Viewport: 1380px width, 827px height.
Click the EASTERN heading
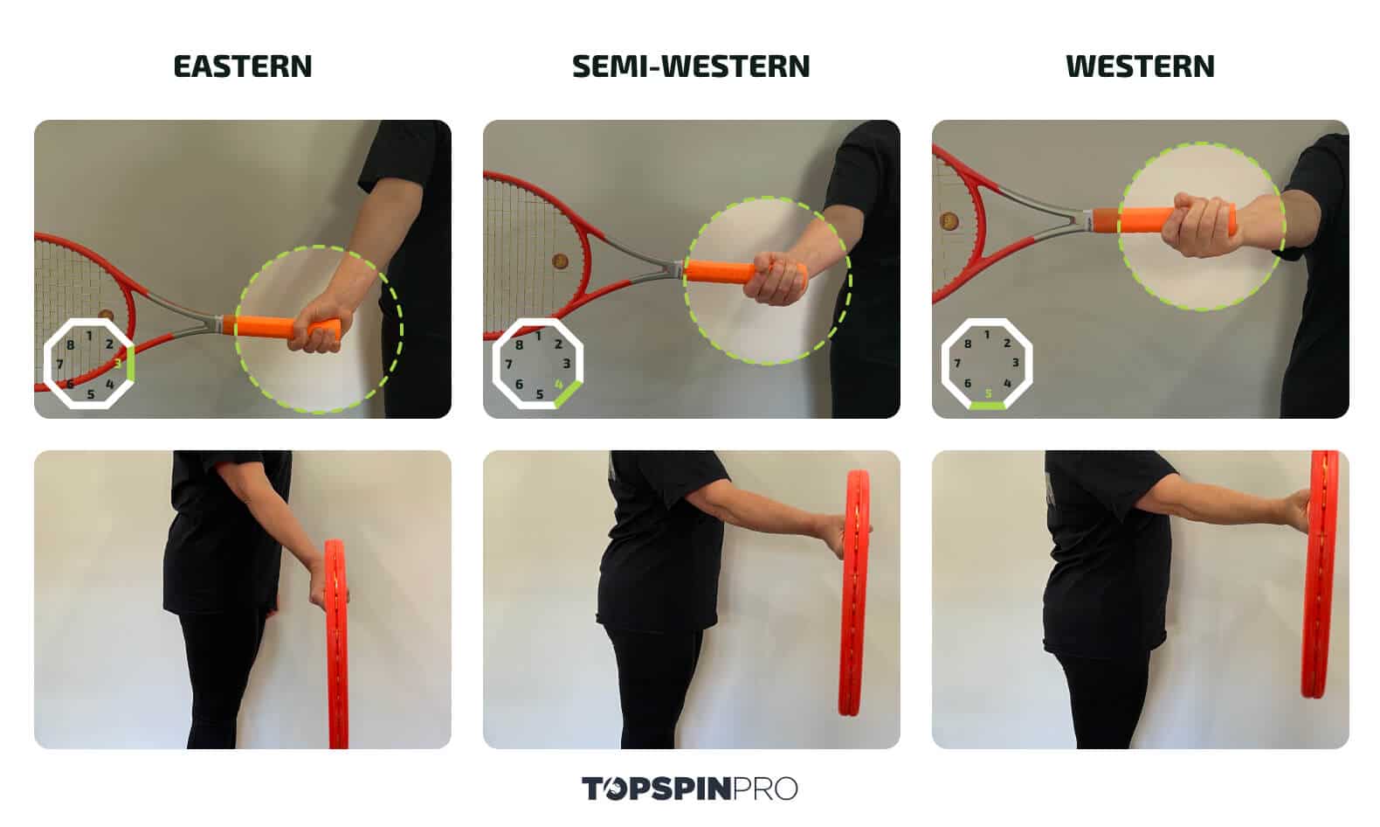tap(242, 66)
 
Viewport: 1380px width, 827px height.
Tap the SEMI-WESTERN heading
tap(690, 66)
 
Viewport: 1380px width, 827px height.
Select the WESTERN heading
tap(1139, 66)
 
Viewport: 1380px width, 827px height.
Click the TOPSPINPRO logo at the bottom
tap(689, 788)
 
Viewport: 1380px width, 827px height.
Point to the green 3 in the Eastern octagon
tap(118, 363)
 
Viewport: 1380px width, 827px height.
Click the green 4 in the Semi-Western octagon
tap(559, 383)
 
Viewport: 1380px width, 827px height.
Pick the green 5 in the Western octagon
tap(988, 394)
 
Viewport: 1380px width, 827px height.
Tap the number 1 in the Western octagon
tap(987, 334)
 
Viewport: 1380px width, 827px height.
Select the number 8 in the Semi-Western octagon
tap(519, 344)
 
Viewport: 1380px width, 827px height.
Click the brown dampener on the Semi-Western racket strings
tap(560, 261)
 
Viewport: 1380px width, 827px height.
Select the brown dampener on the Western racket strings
tap(949, 221)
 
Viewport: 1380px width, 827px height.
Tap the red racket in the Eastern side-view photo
tap(337, 643)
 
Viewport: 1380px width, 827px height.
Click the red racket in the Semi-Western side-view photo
tap(855, 594)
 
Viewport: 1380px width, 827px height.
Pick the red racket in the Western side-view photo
tap(1321, 573)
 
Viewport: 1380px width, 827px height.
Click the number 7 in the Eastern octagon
tap(59, 364)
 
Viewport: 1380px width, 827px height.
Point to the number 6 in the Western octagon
tap(967, 383)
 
